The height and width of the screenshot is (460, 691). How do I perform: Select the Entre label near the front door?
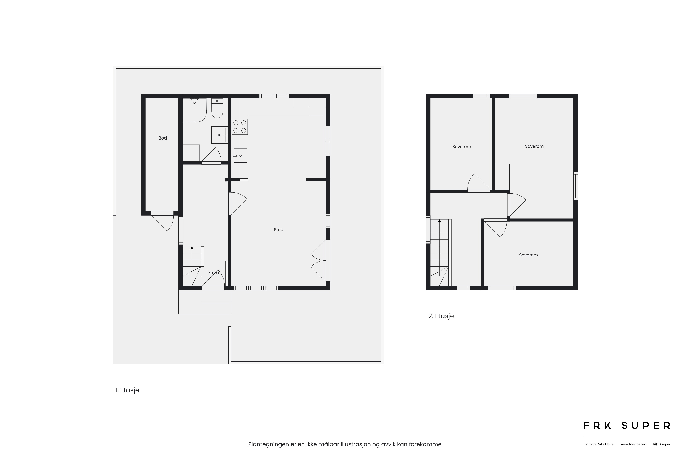(214, 273)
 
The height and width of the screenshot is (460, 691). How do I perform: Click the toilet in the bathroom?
(217, 108)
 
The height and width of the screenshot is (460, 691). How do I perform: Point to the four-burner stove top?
(240, 127)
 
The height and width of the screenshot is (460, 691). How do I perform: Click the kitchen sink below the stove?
(240, 155)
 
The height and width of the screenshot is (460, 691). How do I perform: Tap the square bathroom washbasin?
(219, 135)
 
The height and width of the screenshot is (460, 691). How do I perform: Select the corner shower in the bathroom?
(195, 110)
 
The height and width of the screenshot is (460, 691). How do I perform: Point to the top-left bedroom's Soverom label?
(462, 147)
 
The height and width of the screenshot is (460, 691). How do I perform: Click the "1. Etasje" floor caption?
(127, 390)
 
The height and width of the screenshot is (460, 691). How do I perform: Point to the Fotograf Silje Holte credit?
(599, 444)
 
